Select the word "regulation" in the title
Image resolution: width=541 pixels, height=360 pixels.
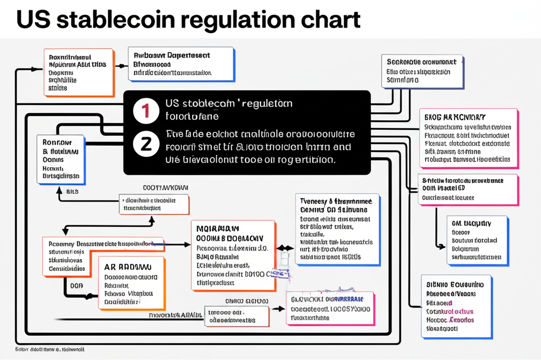pos(236,20)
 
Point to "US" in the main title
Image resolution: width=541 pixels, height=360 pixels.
pos(34,20)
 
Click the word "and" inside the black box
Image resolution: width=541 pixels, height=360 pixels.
pos(342,147)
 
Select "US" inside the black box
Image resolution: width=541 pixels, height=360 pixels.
pos(173,103)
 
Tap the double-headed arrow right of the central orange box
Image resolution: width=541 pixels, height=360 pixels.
pos(285,247)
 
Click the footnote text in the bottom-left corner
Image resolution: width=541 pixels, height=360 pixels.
pos(50,349)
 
